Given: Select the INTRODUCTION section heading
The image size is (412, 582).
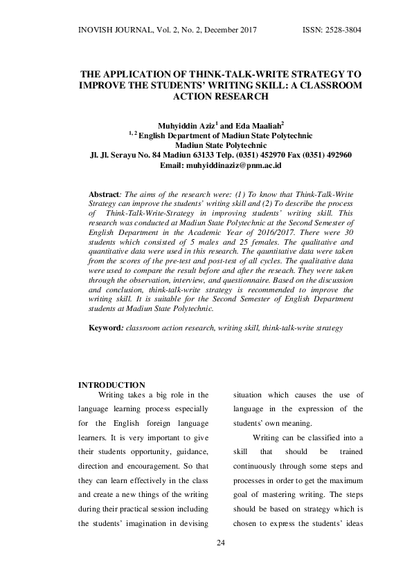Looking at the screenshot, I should (111, 385).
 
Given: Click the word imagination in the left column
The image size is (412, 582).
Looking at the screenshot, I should (151, 523).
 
